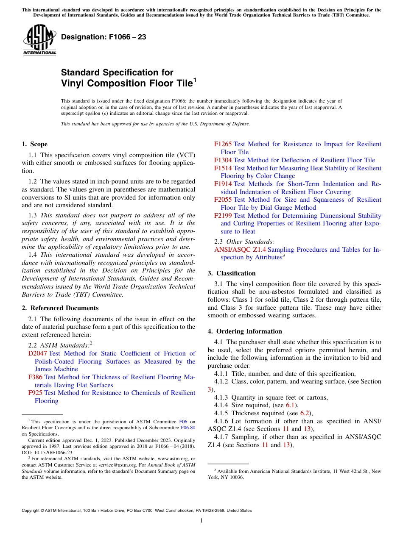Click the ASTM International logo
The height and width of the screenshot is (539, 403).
pos(39,40)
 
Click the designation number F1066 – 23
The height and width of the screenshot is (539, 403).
pos(104,37)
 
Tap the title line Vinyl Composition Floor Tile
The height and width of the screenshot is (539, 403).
pos(127,83)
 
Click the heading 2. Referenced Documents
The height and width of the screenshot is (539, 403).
pos(60,308)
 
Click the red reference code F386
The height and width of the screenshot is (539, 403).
pos(35,377)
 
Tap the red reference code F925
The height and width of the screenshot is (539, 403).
pos(35,393)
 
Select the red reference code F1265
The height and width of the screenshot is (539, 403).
pos(223,144)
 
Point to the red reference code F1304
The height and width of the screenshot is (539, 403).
pos(223,160)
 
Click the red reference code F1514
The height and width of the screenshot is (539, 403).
pos(223,168)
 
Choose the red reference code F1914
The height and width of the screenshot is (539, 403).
pos(223,184)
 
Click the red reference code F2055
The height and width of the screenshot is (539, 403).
pos(223,200)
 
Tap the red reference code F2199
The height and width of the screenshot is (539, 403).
pos(223,216)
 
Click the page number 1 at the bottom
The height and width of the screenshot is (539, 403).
pos(201,521)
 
